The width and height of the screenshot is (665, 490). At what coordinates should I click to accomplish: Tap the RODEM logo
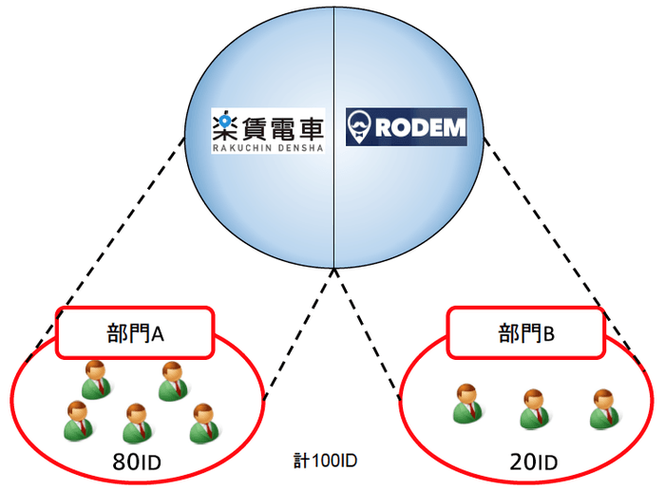tap(406, 127)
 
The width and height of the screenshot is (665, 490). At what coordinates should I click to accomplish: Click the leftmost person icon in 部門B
tap(466, 403)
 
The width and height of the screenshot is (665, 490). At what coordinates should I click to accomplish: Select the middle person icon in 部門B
tap(534, 409)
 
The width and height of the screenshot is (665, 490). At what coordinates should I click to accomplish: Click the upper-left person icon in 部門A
tap(96, 379)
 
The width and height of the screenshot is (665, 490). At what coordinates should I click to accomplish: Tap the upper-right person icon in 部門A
tap(172, 381)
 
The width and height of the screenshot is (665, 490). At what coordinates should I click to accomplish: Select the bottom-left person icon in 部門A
tap(76, 421)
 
